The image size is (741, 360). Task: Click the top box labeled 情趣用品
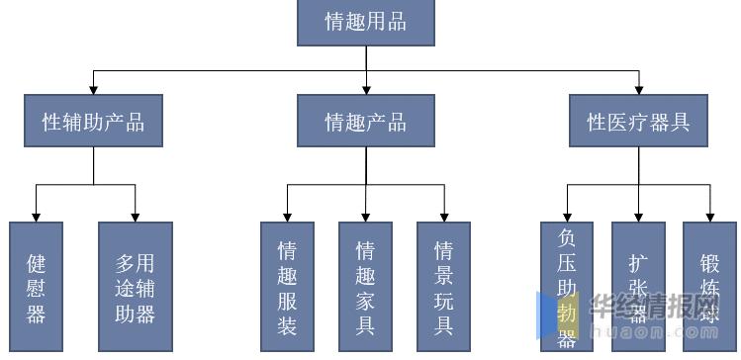click(x=365, y=21)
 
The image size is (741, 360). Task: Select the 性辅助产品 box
click(x=94, y=121)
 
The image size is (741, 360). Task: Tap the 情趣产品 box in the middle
click(x=365, y=121)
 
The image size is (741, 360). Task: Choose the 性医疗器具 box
click(x=638, y=121)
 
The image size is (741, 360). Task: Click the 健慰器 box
click(x=37, y=287)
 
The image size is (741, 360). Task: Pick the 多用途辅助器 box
click(x=135, y=287)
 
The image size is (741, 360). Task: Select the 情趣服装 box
click(x=287, y=287)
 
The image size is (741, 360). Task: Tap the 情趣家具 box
click(x=365, y=287)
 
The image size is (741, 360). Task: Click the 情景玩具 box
click(x=443, y=287)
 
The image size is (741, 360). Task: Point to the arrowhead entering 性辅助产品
click(x=94, y=89)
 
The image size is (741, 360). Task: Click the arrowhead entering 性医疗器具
click(x=638, y=89)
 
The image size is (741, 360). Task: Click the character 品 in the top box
click(x=396, y=21)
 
